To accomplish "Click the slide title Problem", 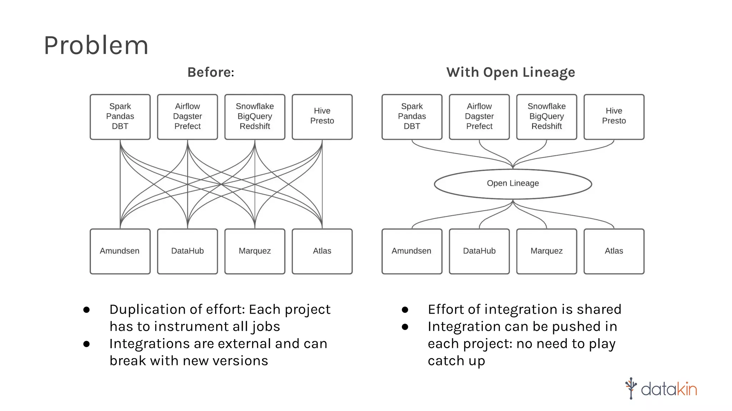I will pyautogui.click(x=96, y=46).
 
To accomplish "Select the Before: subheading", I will pyautogui.click(x=211, y=72).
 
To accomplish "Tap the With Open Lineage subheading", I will pyautogui.click(x=510, y=72).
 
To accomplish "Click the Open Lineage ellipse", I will pyautogui.click(x=513, y=184).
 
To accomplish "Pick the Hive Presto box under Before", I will pyautogui.click(x=322, y=117).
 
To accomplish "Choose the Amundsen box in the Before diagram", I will pyautogui.click(x=120, y=251).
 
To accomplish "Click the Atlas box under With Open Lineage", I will pyautogui.click(x=614, y=251).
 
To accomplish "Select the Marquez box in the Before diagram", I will pyautogui.click(x=254, y=251).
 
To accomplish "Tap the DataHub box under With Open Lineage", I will pyautogui.click(x=479, y=251).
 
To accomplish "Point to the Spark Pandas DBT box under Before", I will pyautogui.click(x=120, y=117).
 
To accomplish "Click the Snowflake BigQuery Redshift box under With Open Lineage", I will pyautogui.click(x=546, y=117).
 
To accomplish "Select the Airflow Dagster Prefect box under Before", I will pyautogui.click(x=187, y=117).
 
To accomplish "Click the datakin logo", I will pyautogui.click(x=661, y=389).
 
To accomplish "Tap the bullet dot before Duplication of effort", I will pyautogui.click(x=86, y=310).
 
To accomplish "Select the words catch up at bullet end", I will pyautogui.click(x=456, y=361).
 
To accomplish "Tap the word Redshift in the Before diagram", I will pyautogui.click(x=254, y=126).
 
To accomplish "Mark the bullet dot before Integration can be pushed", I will pyautogui.click(x=405, y=327).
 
